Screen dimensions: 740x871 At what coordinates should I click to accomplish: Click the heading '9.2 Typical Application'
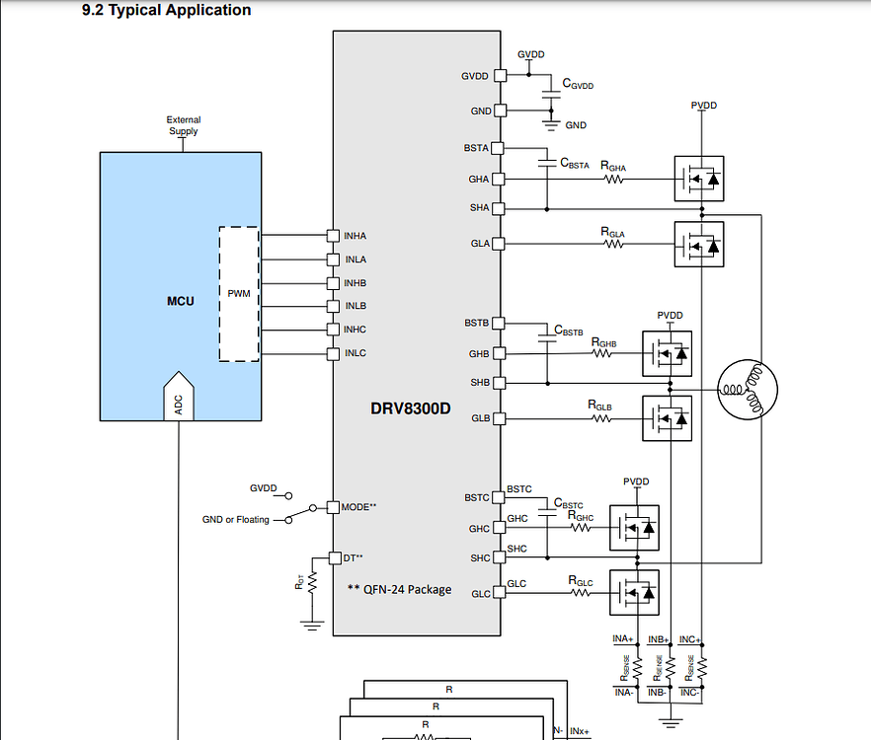click(x=166, y=11)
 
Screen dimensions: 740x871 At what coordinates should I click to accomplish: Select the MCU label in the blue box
click(x=181, y=300)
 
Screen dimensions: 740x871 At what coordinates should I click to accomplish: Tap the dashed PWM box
click(x=239, y=294)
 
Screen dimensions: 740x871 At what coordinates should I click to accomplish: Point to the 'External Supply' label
click(x=183, y=125)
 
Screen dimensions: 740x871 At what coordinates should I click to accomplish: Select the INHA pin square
click(x=333, y=236)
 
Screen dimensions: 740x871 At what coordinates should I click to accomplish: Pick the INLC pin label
click(x=355, y=353)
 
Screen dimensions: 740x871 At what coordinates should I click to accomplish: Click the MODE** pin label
click(x=359, y=506)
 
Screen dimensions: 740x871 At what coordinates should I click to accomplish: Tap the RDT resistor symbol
click(x=312, y=583)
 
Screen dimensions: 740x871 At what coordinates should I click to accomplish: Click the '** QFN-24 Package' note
click(x=399, y=589)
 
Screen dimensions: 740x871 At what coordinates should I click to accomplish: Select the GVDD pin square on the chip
click(x=500, y=75)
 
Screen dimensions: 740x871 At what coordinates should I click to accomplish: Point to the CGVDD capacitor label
click(x=578, y=85)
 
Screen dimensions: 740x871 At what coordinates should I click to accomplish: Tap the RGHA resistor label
click(x=613, y=166)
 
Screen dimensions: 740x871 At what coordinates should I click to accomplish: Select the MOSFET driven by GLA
click(x=699, y=243)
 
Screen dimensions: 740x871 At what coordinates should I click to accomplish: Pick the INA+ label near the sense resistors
click(x=623, y=639)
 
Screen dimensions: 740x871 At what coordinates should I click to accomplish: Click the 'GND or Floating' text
click(x=236, y=520)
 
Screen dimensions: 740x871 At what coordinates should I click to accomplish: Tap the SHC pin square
click(x=500, y=557)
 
